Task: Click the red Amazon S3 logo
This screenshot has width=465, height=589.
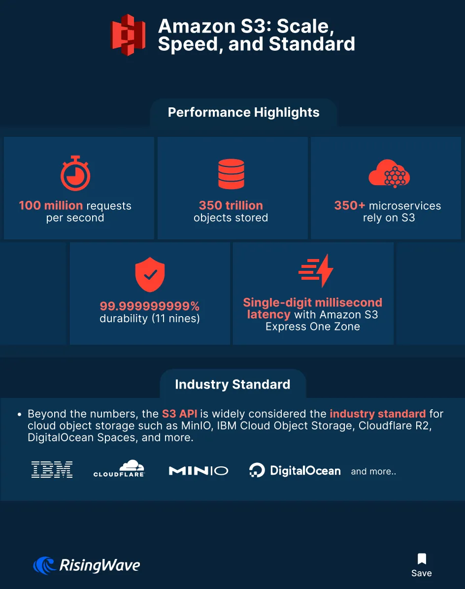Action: point(128,35)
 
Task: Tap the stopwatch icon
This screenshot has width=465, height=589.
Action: point(75,173)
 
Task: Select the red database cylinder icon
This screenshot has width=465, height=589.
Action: point(232,174)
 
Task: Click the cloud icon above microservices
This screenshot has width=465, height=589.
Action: point(389,173)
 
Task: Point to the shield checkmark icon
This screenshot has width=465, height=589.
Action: point(150,275)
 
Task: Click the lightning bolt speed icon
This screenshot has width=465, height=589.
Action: point(316,270)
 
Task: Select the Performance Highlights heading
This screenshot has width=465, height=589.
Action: point(243,112)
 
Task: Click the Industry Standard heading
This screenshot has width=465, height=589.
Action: point(232,384)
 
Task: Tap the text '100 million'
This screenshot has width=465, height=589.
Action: point(51,205)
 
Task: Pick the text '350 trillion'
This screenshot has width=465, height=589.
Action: point(231,205)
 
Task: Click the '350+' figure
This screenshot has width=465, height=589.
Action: point(350,205)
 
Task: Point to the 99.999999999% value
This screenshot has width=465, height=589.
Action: point(149,306)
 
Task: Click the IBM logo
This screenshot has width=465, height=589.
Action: point(52,469)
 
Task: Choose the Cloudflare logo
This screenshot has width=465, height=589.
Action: point(119,468)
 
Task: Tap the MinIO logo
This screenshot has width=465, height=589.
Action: point(199,471)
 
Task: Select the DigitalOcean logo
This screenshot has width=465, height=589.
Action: point(295,470)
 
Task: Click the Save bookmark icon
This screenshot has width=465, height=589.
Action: point(422,558)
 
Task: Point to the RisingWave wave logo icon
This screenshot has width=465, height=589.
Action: point(45,565)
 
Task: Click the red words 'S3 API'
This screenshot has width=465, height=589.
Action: point(179,414)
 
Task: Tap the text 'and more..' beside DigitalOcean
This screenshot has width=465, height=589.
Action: point(373,471)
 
